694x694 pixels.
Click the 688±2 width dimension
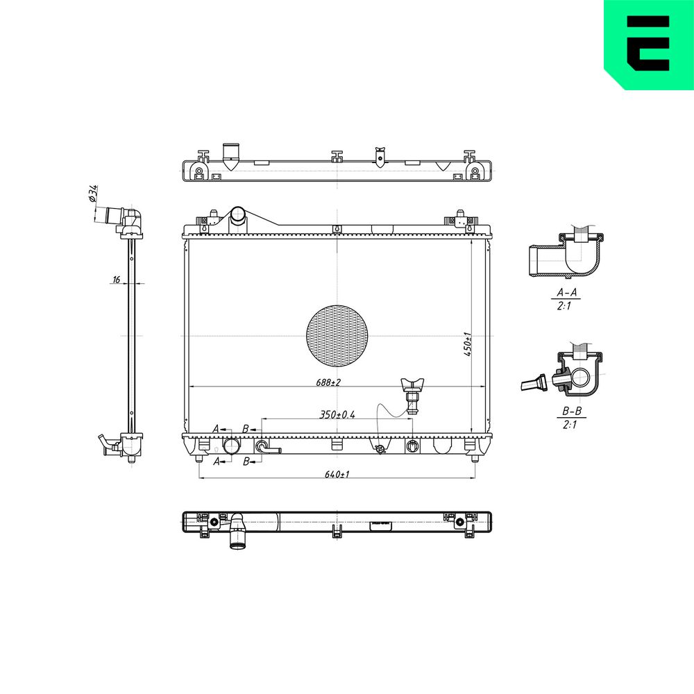328,382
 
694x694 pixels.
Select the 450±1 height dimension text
468,344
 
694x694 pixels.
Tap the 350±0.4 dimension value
337,415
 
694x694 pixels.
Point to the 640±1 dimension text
337,475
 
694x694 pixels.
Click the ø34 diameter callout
93,194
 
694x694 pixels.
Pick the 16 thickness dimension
117,279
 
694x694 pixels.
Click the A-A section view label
567,293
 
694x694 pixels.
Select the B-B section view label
572,411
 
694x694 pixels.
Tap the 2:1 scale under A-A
564,306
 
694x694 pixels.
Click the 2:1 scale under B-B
570,425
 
